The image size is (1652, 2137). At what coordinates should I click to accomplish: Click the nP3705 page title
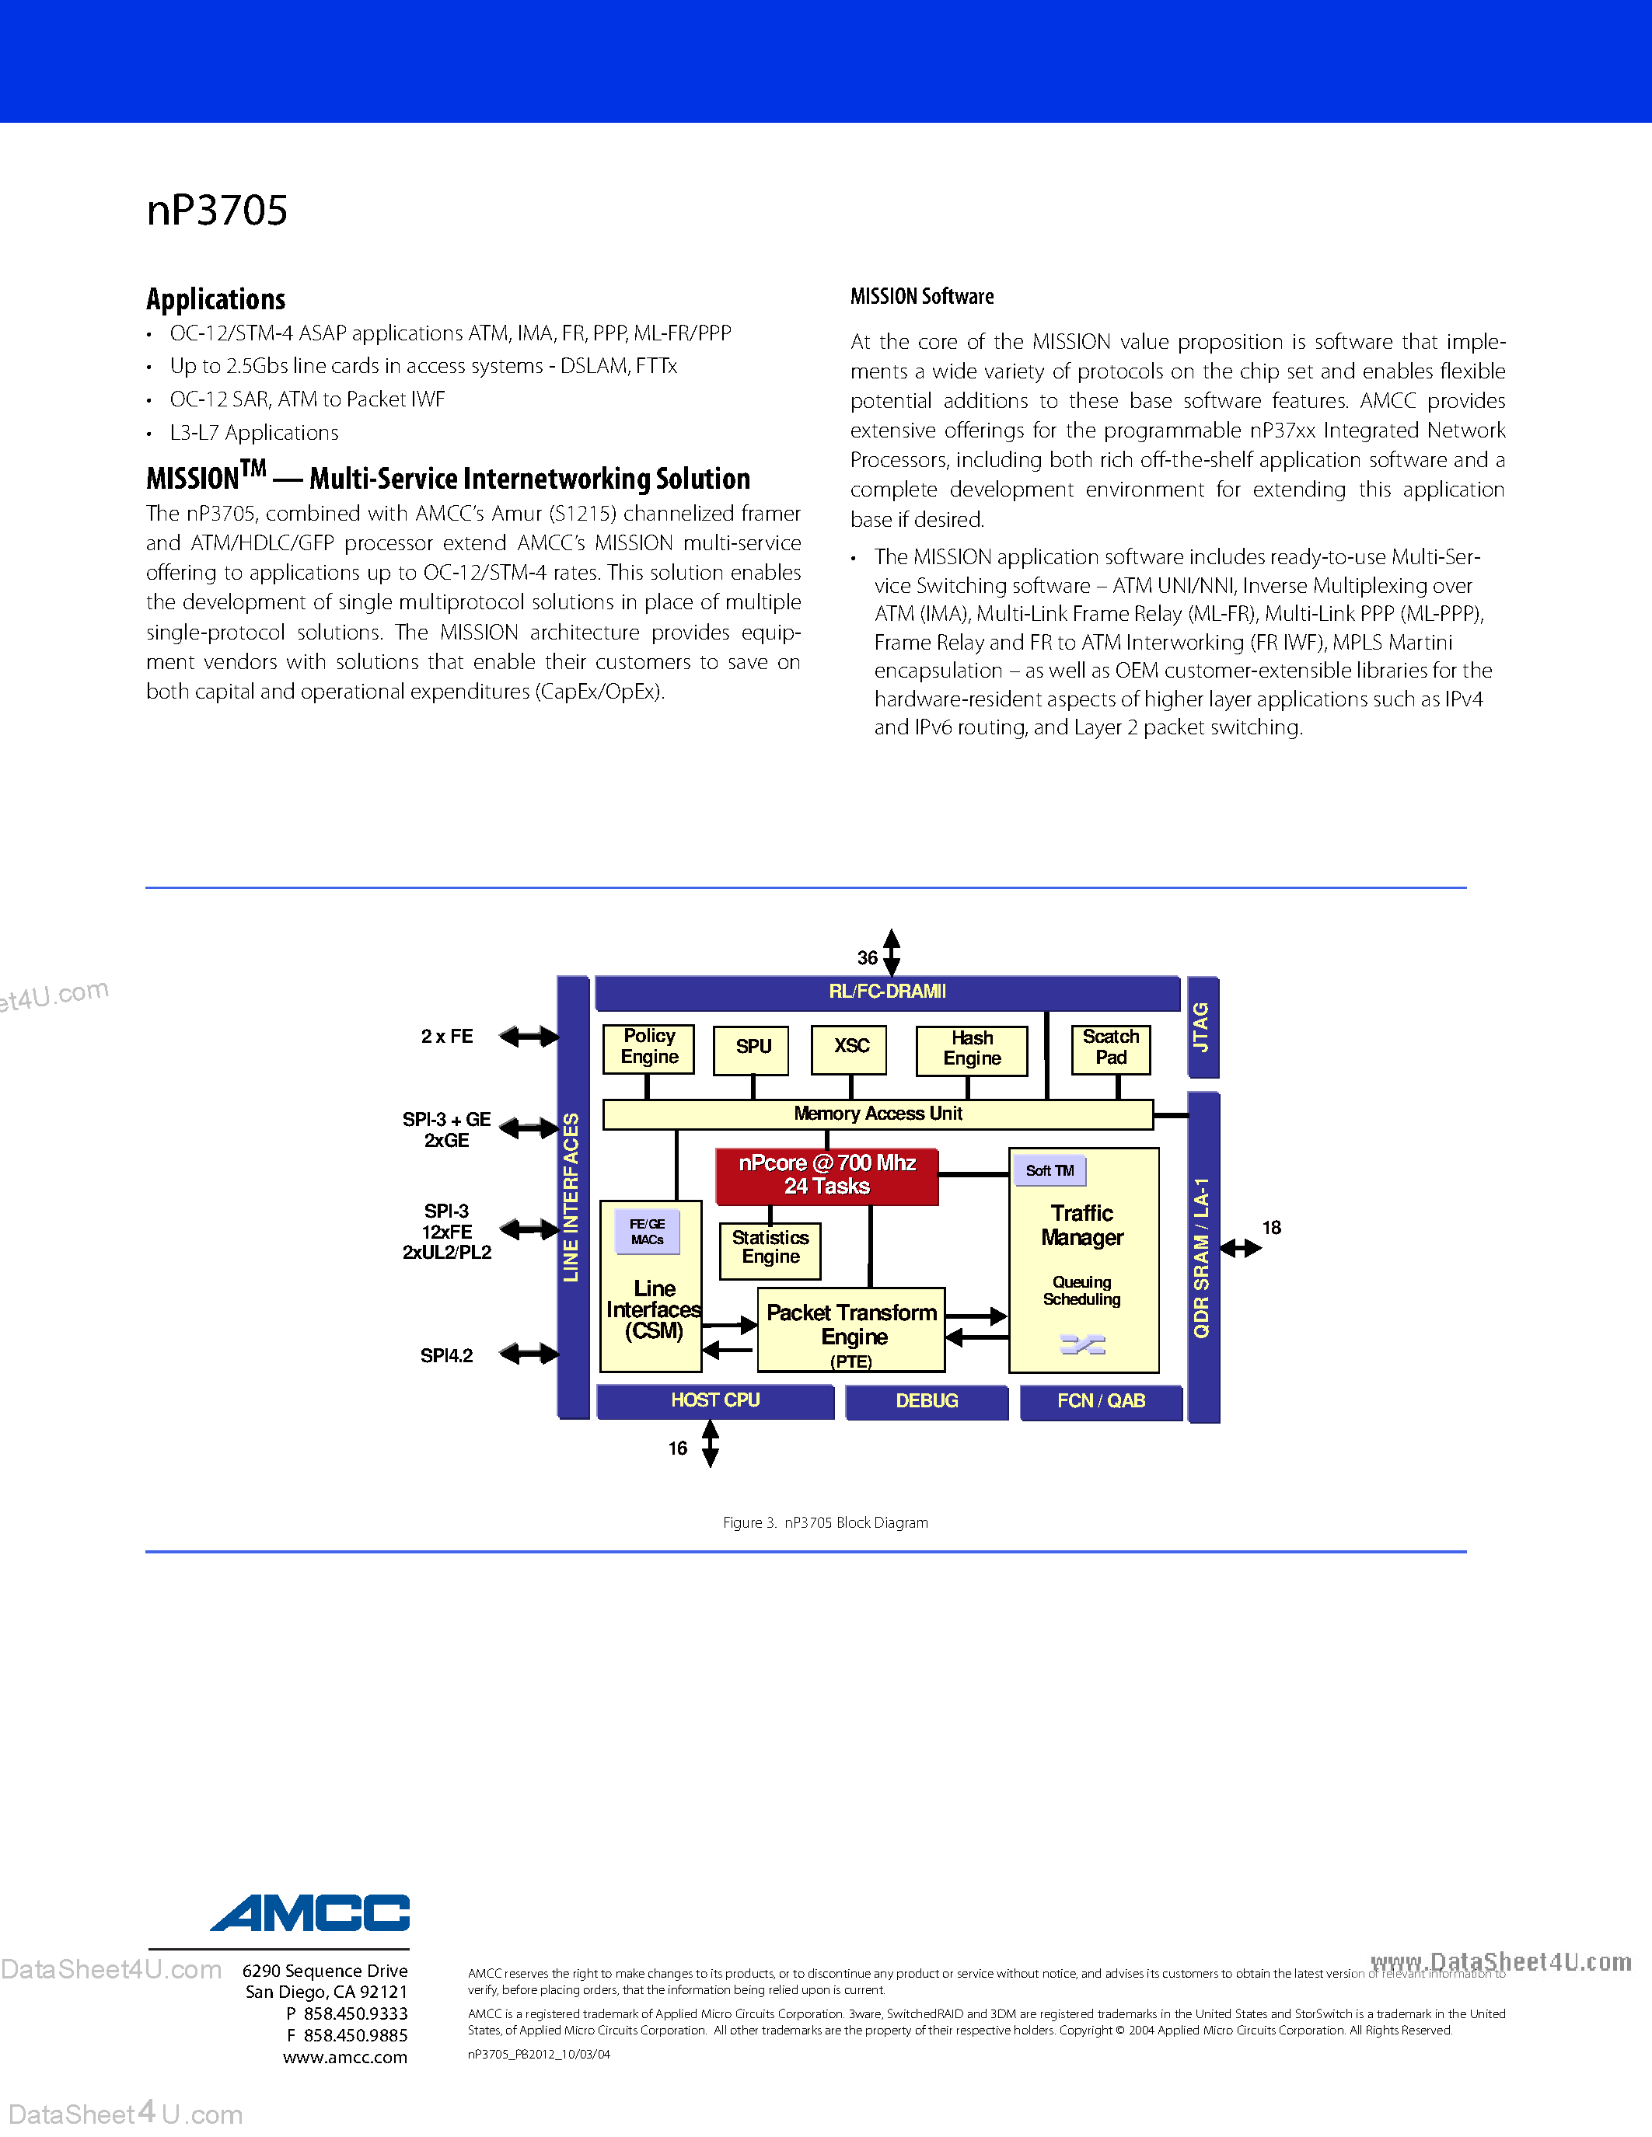click(217, 211)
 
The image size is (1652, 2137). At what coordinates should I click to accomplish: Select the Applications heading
click(215, 298)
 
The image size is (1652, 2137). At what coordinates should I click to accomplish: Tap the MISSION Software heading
click(922, 297)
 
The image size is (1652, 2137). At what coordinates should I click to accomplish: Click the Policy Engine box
click(649, 1048)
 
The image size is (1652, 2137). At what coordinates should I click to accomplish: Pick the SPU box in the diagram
click(752, 1048)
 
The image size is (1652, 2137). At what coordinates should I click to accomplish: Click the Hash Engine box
click(972, 1050)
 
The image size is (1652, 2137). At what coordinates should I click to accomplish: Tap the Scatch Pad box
click(1111, 1048)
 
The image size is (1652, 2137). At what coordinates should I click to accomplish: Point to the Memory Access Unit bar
click(878, 1114)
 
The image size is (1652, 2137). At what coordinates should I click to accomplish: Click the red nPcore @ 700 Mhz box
click(827, 1175)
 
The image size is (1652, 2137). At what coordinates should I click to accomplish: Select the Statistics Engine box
click(770, 1250)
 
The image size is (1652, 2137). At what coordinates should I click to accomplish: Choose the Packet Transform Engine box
click(851, 1329)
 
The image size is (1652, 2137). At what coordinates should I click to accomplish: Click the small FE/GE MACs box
click(647, 1232)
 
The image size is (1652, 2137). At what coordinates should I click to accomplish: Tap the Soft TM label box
click(1050, 1170)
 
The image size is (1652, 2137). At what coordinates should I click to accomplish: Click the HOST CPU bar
click(715, 1401)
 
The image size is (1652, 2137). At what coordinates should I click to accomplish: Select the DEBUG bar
click(927, 1401)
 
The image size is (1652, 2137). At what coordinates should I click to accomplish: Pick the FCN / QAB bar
click(1101, 1401)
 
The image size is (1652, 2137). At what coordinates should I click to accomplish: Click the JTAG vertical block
click(1202, 1027)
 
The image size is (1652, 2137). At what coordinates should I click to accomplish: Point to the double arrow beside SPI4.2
click(529, 1354)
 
